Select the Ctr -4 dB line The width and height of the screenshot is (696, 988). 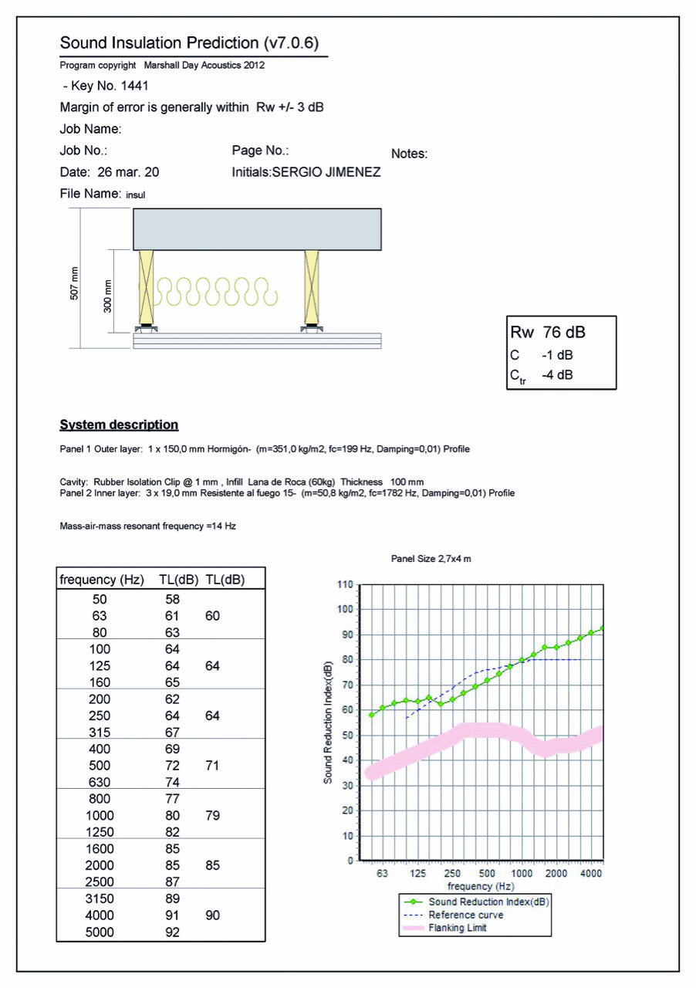(x=541, y=376)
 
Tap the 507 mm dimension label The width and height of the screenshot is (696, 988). (x=74, y=283)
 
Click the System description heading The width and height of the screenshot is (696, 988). (x=119, y=425)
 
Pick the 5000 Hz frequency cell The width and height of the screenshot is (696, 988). (x=100, y=932)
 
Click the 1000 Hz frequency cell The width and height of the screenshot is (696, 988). (x=100, y=815)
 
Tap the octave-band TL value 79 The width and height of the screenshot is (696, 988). (x=212, y=815)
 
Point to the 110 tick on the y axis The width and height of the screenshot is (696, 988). (x=344, y=584)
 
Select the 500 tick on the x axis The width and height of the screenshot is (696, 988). (x=487, y=873)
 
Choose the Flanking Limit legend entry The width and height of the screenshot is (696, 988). (x=458, y=928)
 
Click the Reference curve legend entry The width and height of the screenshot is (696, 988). (x=465, y=915)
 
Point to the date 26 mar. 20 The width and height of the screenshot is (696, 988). (x=110, y=172)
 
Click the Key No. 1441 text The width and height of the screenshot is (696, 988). (x=105, y=86)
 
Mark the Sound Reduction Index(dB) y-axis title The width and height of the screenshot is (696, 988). (x=328, y=722)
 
